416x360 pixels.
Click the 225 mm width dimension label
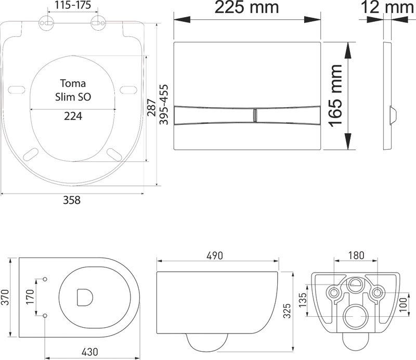(246, 7)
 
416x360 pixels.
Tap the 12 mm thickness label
(387, 7)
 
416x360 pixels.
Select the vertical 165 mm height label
(335, 96)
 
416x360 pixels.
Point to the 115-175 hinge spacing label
(73, 5)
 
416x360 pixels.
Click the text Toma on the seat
(73, 83)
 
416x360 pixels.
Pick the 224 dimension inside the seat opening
(73, 116)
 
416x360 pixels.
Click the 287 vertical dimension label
(151, 108)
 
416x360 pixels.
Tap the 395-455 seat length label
(164, 105)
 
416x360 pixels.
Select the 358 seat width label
(72, 200)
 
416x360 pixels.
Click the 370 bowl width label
(5, 297)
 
